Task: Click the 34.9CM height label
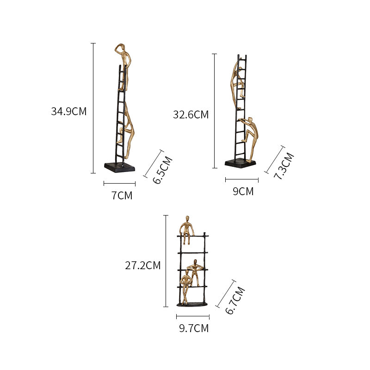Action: [68, 111]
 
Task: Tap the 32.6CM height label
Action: [191, 115]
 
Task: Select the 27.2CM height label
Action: [142, 265]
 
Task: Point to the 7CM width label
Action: [122, 196]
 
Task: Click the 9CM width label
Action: [243, 191]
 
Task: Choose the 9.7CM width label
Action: [194, 328]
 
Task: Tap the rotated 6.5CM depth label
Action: [163, 171]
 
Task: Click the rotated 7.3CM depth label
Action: [284, 166]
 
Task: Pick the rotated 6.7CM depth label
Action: [234, 301]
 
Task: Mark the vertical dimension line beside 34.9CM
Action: [93, 108]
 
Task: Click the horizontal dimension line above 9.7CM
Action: [193, 317]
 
